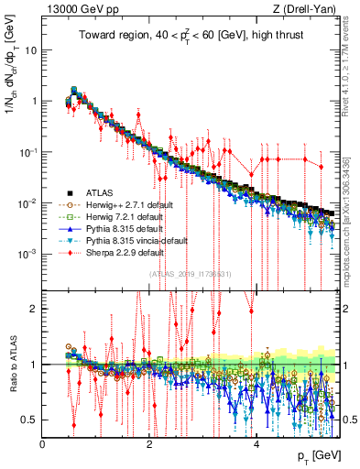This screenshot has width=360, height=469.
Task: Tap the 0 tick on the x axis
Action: (x=43, y=442)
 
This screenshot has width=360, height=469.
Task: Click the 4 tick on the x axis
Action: (x=256, y=442)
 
